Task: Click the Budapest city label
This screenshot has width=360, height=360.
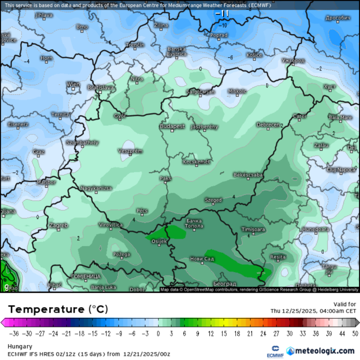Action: click(x=172, y=127)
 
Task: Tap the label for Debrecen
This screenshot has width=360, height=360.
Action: click(x=268, y=125)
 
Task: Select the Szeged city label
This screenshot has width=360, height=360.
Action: click(x=213, y=200)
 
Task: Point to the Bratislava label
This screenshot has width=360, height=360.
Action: click(x=101, y=87)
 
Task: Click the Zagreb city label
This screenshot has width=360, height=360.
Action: click(x=58, y=225)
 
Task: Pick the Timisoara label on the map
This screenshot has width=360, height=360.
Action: click(x=253, y=229)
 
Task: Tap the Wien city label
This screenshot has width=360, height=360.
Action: click(x=73, y=84)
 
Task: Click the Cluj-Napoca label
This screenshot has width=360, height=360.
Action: click(x=341, y=169)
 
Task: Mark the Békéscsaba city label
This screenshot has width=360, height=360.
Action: click(x=247, y=175)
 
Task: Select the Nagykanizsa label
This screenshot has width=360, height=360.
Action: click(x=96, y=188)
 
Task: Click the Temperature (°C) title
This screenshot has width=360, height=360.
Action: click(x=58, y=309)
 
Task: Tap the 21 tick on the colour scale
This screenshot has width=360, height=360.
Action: click(x=250, y=333)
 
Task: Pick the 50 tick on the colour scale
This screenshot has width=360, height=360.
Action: click(x=355, y=333)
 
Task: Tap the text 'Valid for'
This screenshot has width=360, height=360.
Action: click(x=345, y=304)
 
